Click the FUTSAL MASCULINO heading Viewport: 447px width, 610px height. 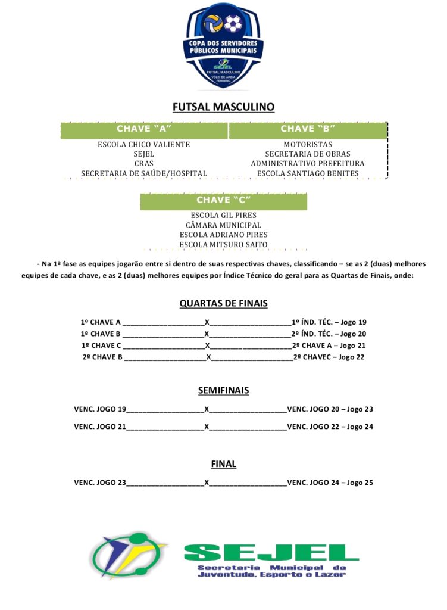pos(223,107)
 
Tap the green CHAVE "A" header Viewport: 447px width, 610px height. pos(144,129)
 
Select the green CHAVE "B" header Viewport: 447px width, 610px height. pos(308,129)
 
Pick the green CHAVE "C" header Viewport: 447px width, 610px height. pos(223,200)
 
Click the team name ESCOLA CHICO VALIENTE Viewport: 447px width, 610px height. pos(144,145)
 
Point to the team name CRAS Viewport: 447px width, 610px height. pos(144,164)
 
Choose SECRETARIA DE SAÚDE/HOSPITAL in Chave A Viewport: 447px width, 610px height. pos(144,173)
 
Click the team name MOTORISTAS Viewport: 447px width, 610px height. pos(308,145)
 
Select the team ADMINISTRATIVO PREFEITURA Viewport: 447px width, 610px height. pos(308,164)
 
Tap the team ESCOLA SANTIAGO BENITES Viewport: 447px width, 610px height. pos(308,173)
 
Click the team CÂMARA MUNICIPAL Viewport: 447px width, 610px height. pos(223,225)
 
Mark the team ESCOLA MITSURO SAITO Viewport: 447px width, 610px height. pos(223,244)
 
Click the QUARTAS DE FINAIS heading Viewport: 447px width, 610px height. pos(223,303)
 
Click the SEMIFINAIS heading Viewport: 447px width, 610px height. pos(223,391)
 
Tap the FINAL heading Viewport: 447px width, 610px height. pos(223,464)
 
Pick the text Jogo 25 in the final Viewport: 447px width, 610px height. pos(360,483)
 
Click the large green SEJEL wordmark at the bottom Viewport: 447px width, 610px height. pos(271,553)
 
